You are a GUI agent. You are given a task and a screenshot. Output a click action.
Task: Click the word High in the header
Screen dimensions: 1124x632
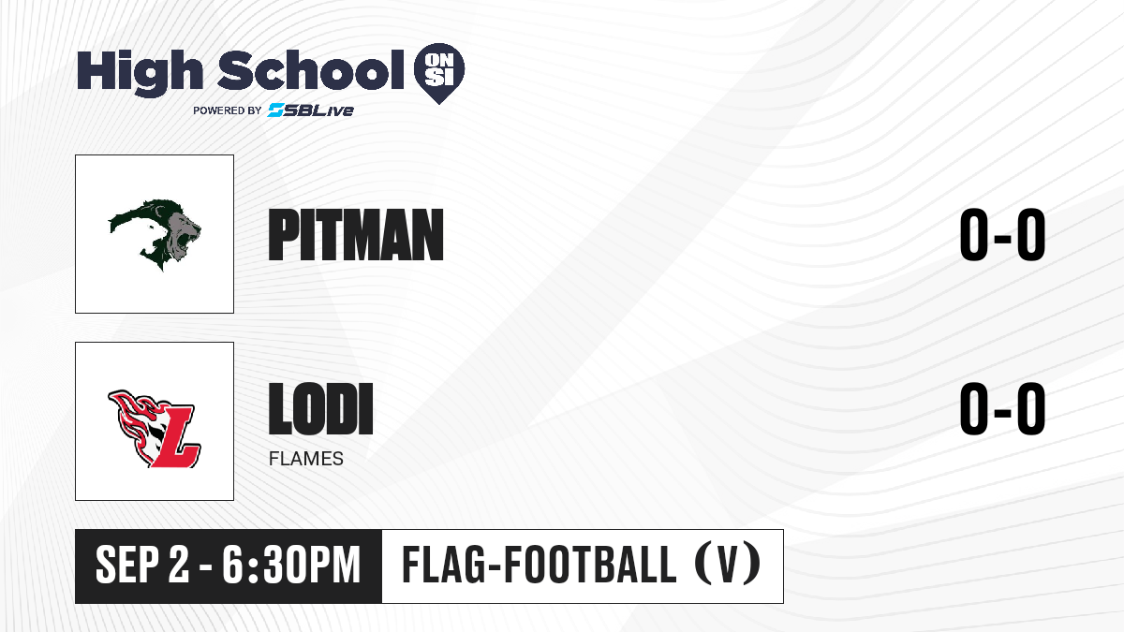[x=140, y=72]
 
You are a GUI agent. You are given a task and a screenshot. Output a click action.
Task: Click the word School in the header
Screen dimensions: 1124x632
[x=311, y=70]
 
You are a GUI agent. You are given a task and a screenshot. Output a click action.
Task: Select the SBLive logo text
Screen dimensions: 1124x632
[x=311, y=110]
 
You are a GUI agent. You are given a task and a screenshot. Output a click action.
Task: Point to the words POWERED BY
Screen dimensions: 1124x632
[x=228, y=110]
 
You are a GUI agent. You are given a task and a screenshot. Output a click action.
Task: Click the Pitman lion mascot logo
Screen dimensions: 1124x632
[x=155, y=235]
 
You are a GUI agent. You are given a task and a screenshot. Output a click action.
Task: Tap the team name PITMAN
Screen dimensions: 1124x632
[x=356, y=235]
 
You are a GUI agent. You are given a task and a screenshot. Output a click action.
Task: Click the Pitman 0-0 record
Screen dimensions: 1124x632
[x=1002, y=235]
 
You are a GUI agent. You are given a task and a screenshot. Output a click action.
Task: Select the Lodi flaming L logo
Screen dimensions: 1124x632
[x=155, y=429]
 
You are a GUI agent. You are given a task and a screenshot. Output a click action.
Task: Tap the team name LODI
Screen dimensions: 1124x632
[x=320, y=408]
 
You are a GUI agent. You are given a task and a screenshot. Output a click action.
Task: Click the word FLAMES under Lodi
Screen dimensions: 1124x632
[x=306, y=459]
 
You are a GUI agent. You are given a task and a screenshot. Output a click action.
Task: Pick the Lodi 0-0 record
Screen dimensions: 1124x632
[x=1002, y=408]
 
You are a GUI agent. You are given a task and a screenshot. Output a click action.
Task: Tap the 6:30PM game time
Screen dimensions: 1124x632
[x=291, y=566]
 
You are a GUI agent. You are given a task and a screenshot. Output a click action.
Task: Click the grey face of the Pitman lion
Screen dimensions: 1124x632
[x=183, y=235]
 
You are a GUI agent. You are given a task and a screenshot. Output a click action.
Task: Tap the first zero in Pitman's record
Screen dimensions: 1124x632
[x=974, y=235]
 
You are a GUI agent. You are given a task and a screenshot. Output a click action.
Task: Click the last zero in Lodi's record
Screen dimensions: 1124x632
[x=1031, y=408]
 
